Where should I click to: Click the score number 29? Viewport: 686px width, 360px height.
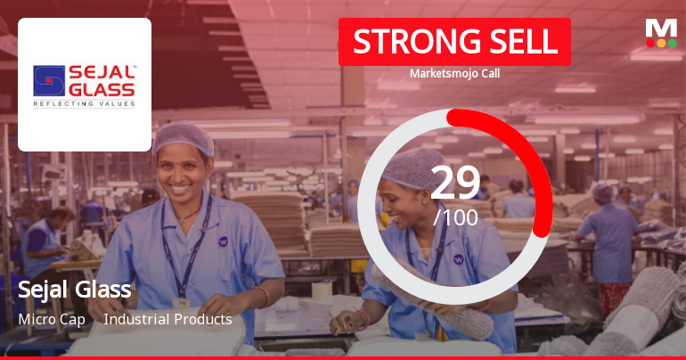pyautogui.click(x=455, y=183)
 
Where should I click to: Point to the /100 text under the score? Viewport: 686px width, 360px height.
pyautogui.click(x=455, y=217)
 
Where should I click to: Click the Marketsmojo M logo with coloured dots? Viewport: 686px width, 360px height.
pyautogui.click(x=661, y=32)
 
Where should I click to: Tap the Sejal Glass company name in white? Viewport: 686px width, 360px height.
pyautogui.click(x=75, y=290)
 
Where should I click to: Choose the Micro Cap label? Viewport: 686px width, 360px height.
pyautogui.click(x=51, y=319)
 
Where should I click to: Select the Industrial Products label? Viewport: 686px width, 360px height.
pyautogui.click(x=167, y=319)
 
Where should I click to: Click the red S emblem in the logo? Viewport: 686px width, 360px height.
pyautogui.click(x=50, y=80)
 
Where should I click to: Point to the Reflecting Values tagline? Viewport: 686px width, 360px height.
pyautogui.click(x=84, y=104)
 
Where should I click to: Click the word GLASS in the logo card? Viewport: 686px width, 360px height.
pyautogui.click(x=102, y=89)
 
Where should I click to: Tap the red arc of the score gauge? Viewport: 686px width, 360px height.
pyautogui.click(x=526, y=160)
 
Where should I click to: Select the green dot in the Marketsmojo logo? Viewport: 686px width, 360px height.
pyautogui.click(x=673, y=42)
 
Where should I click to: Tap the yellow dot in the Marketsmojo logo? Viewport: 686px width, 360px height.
pyautogui.click(x=661, y=42)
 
